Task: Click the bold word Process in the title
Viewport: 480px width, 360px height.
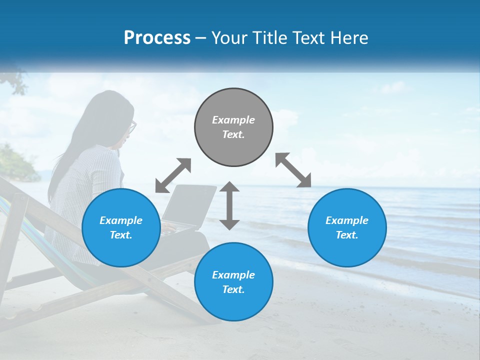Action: tap(157, 38)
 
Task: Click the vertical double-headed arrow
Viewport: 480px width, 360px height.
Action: tap(229, 205)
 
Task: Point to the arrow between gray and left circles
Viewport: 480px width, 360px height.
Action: tap(173, 175)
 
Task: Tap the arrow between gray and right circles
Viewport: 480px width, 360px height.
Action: tap(293, 170)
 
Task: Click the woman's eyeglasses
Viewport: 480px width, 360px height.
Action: tap(132, 127)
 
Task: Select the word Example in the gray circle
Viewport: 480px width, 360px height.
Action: tap(233, 120)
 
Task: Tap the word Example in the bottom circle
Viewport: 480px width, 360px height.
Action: tap(233, 275)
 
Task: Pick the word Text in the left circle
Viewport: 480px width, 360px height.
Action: tap(120, 235)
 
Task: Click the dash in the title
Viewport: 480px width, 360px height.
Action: tap(201, 38)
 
